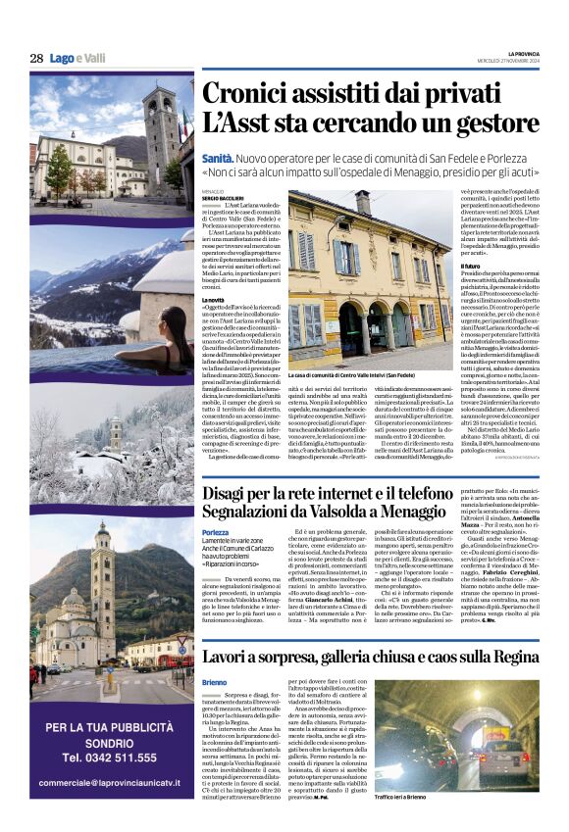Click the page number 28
(x=36, y=58)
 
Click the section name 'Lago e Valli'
(x=78, y=58)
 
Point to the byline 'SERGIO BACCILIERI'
(x=228, y=198)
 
